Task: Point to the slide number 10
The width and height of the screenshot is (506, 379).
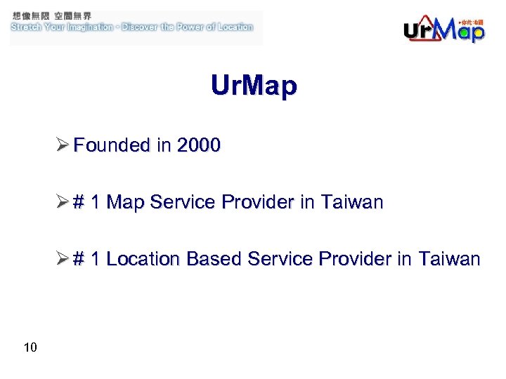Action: coord(30,347)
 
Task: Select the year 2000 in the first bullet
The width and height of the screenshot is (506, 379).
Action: coord(199,145)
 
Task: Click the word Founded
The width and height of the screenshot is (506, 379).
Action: coord(112,145)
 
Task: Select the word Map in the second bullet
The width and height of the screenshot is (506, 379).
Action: coord(124,203)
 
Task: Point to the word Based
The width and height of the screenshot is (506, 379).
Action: coord(211,259)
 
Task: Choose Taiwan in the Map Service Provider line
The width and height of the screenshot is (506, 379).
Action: coord(351,203)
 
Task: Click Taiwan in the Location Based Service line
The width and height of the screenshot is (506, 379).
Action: coord(449,259)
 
